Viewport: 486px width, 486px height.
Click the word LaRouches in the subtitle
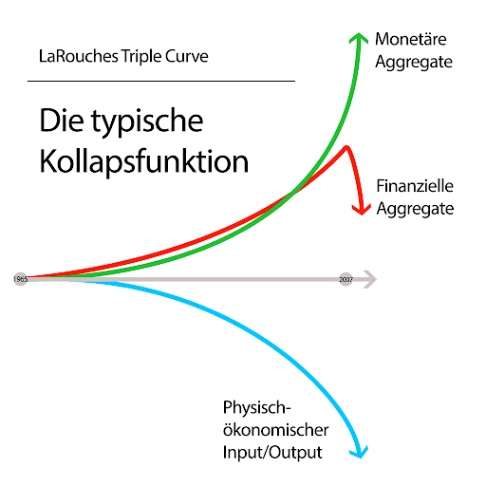coord(79,56)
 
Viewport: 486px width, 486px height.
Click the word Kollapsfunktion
coord(144,161)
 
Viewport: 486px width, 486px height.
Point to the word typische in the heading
coord(147,121)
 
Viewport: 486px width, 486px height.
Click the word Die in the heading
coord(62,121)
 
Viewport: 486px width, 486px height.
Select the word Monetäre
coord(411,39)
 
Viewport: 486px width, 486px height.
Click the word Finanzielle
coord(415,186)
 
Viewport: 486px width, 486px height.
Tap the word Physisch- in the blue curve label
coord(256,407)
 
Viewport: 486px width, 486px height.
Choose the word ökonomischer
coord(275,430)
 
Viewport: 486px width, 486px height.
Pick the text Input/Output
coord(272,453)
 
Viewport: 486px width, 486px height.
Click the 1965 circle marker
coord(21,279)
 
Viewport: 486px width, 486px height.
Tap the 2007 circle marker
coord(346,279)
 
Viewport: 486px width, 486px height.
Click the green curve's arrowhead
coord(359,37)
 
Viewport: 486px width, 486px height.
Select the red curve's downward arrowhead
coord(362,210)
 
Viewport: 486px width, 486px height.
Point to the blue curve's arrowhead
coord(360,452)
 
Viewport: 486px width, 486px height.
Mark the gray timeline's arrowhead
coord(370,279)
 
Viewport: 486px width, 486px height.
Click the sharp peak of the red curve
coord(346,147)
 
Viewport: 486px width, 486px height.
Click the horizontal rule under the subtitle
coord(161,82)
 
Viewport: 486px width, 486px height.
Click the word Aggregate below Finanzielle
coord(415,209)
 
